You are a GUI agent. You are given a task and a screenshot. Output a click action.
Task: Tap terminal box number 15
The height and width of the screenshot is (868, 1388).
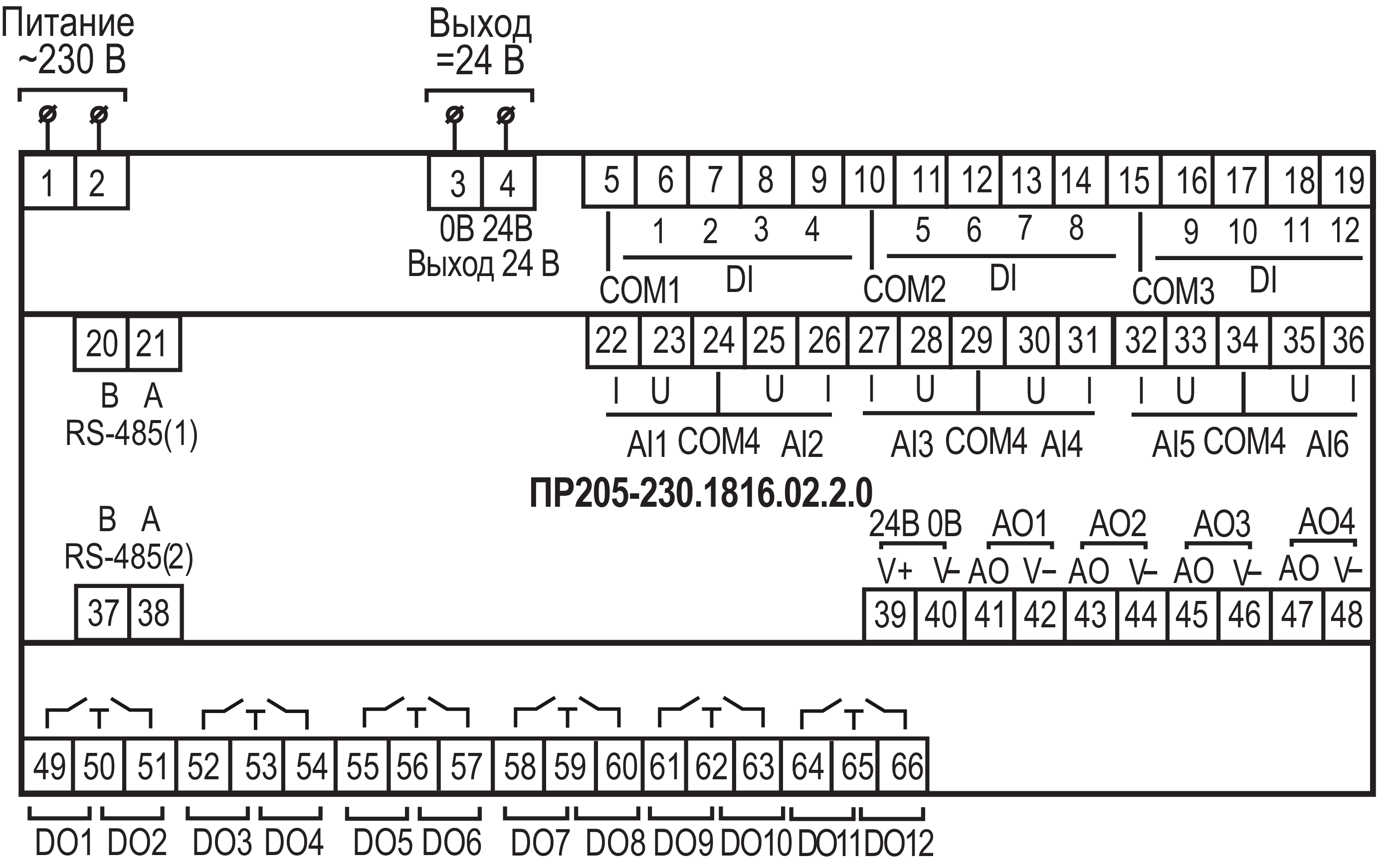[1134, 180]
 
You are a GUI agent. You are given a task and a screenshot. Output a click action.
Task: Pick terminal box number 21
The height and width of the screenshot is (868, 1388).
[152, 344]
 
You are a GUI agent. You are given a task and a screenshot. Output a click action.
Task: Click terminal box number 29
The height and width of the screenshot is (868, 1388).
[977, 340]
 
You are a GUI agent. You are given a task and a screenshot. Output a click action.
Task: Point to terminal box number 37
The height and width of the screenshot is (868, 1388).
[103, 613]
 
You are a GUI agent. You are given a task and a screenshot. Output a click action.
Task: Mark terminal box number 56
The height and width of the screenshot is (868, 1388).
[412, 766]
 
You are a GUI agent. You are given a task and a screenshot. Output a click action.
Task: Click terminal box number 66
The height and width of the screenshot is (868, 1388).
[907, 766]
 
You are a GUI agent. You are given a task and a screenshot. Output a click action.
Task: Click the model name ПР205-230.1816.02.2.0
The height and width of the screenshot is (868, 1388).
[701, 493]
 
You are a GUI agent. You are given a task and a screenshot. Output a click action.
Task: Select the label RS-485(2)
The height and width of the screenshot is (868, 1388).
[129, 557]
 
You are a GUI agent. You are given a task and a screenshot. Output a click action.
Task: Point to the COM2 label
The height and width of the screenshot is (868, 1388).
[904, 289]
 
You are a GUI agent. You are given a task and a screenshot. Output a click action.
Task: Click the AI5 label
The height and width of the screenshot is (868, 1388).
[1173, 444]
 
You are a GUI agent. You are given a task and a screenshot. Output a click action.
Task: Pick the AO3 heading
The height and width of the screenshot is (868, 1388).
[1222, 524]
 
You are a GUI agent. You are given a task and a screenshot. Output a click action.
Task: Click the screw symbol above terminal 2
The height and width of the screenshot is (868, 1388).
[99, 115]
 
